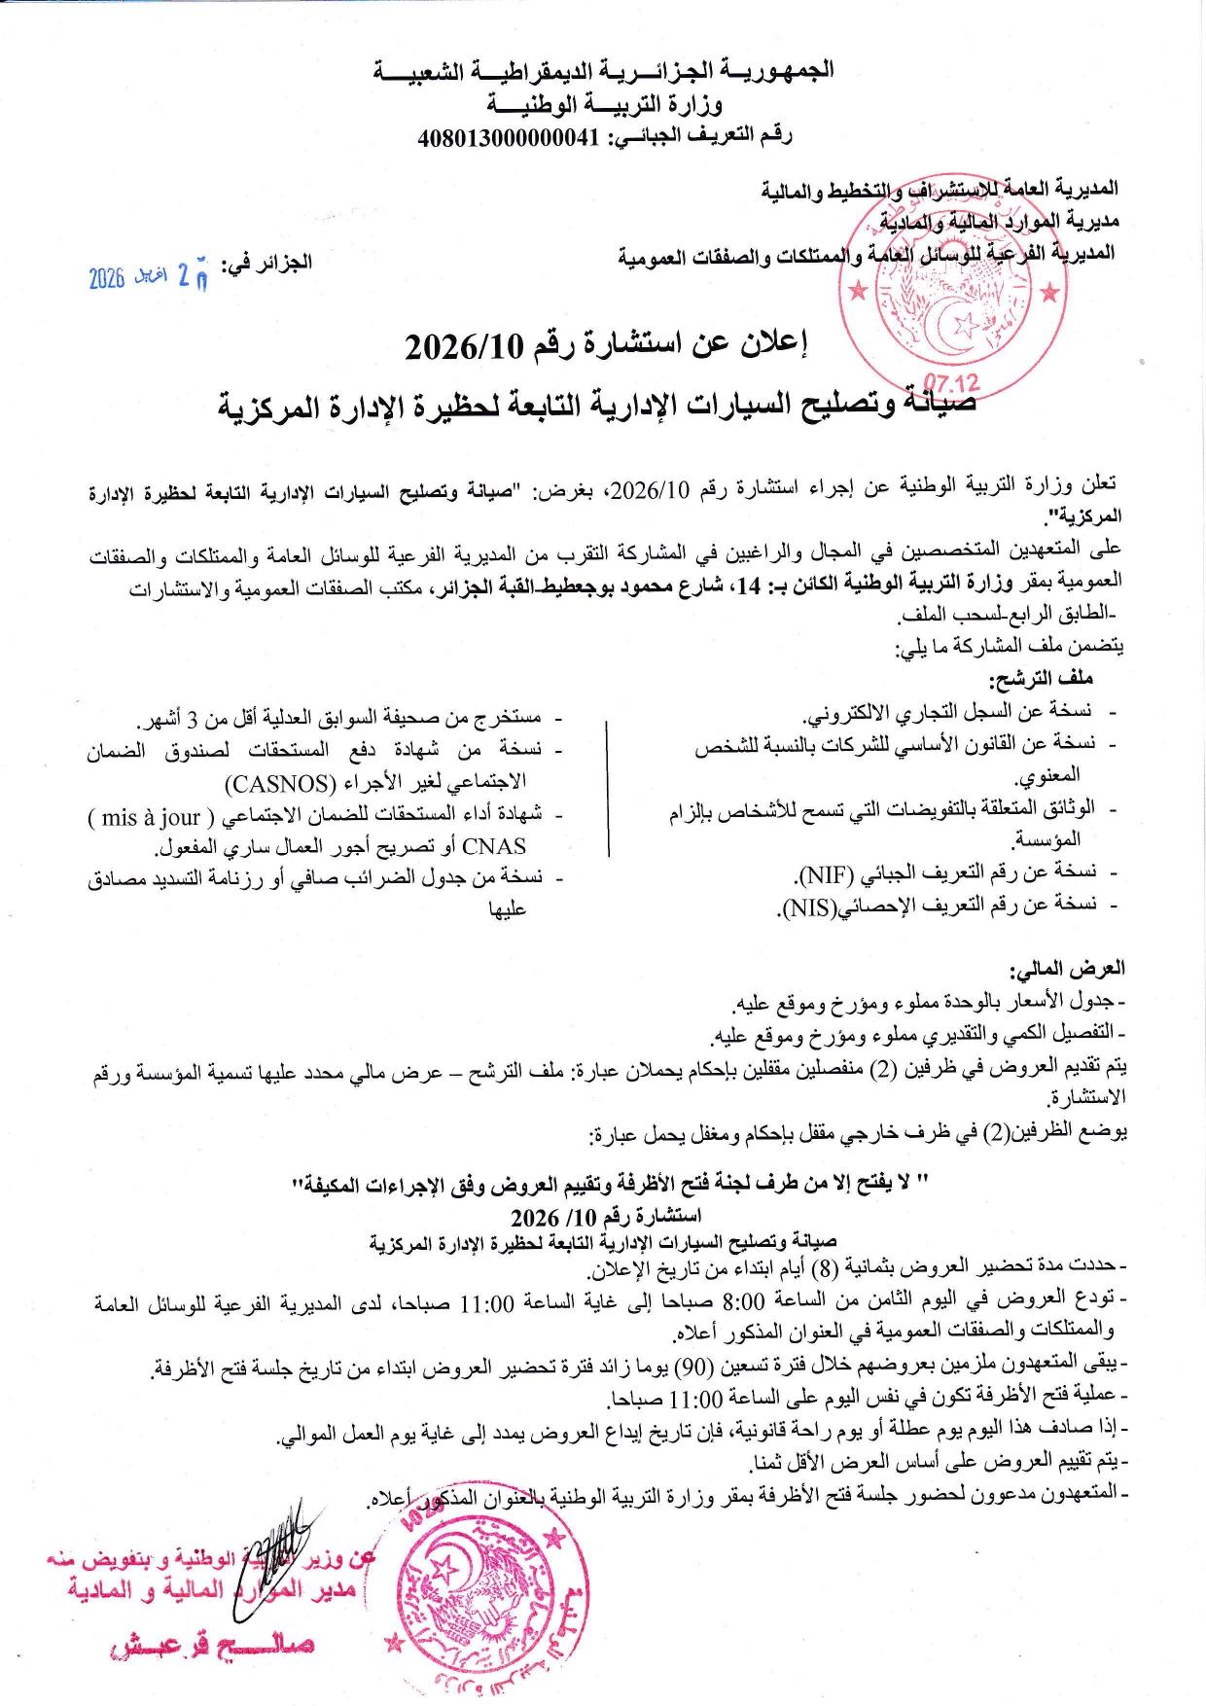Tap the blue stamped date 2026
point(107,279)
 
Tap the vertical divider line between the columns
point(608,788)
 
